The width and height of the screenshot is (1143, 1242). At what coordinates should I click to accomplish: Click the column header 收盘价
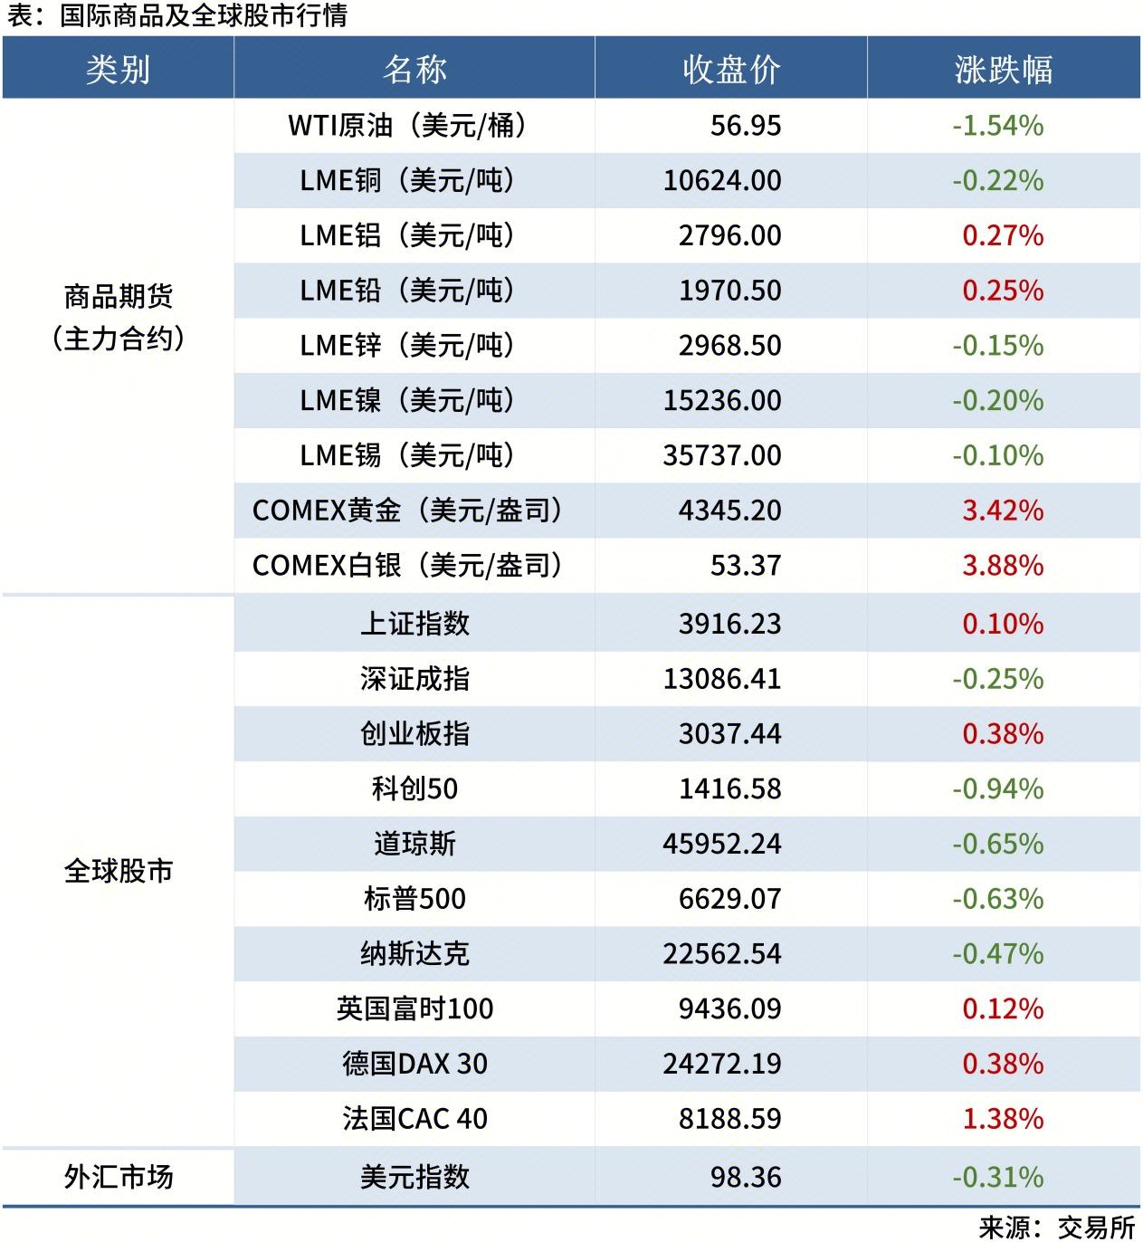coord(730,70)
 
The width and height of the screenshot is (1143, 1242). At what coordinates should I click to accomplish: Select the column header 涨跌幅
coord(1003,70)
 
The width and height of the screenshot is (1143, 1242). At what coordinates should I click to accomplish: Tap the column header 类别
coord(118,70)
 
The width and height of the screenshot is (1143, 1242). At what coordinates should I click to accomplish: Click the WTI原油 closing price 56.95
coord(745,126)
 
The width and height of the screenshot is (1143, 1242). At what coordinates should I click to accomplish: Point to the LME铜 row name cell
coord(407,181)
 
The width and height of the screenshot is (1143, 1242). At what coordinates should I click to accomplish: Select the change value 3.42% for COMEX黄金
coord(1002,511)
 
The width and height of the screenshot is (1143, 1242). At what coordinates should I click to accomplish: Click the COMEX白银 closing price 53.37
coord(745,566)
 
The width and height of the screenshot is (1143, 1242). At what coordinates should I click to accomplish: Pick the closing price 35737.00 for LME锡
coord(721,455)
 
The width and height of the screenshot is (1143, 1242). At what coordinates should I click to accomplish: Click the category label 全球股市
coord(118,871)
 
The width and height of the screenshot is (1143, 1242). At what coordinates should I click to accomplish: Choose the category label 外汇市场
coord(118,1177)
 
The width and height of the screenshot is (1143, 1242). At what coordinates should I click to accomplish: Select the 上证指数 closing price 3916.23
coord(729,624)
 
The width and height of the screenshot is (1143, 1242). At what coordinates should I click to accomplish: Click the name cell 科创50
coord(414,788)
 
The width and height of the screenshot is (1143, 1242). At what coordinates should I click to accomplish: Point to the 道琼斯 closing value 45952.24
coord(721,844)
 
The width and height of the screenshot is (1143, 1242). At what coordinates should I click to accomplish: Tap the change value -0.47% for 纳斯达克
coord(997,954)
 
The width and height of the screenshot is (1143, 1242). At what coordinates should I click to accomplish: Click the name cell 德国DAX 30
coord(414,1064)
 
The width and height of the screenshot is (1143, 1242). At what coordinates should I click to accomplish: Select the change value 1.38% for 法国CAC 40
coord(1002,1119)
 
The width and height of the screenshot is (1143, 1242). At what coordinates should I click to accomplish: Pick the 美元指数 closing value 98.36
coord(745,1177)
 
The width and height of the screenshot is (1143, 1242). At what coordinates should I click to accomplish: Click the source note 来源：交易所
coord(1056,1227)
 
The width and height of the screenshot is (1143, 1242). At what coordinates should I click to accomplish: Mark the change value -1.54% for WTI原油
coord(997,126)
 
